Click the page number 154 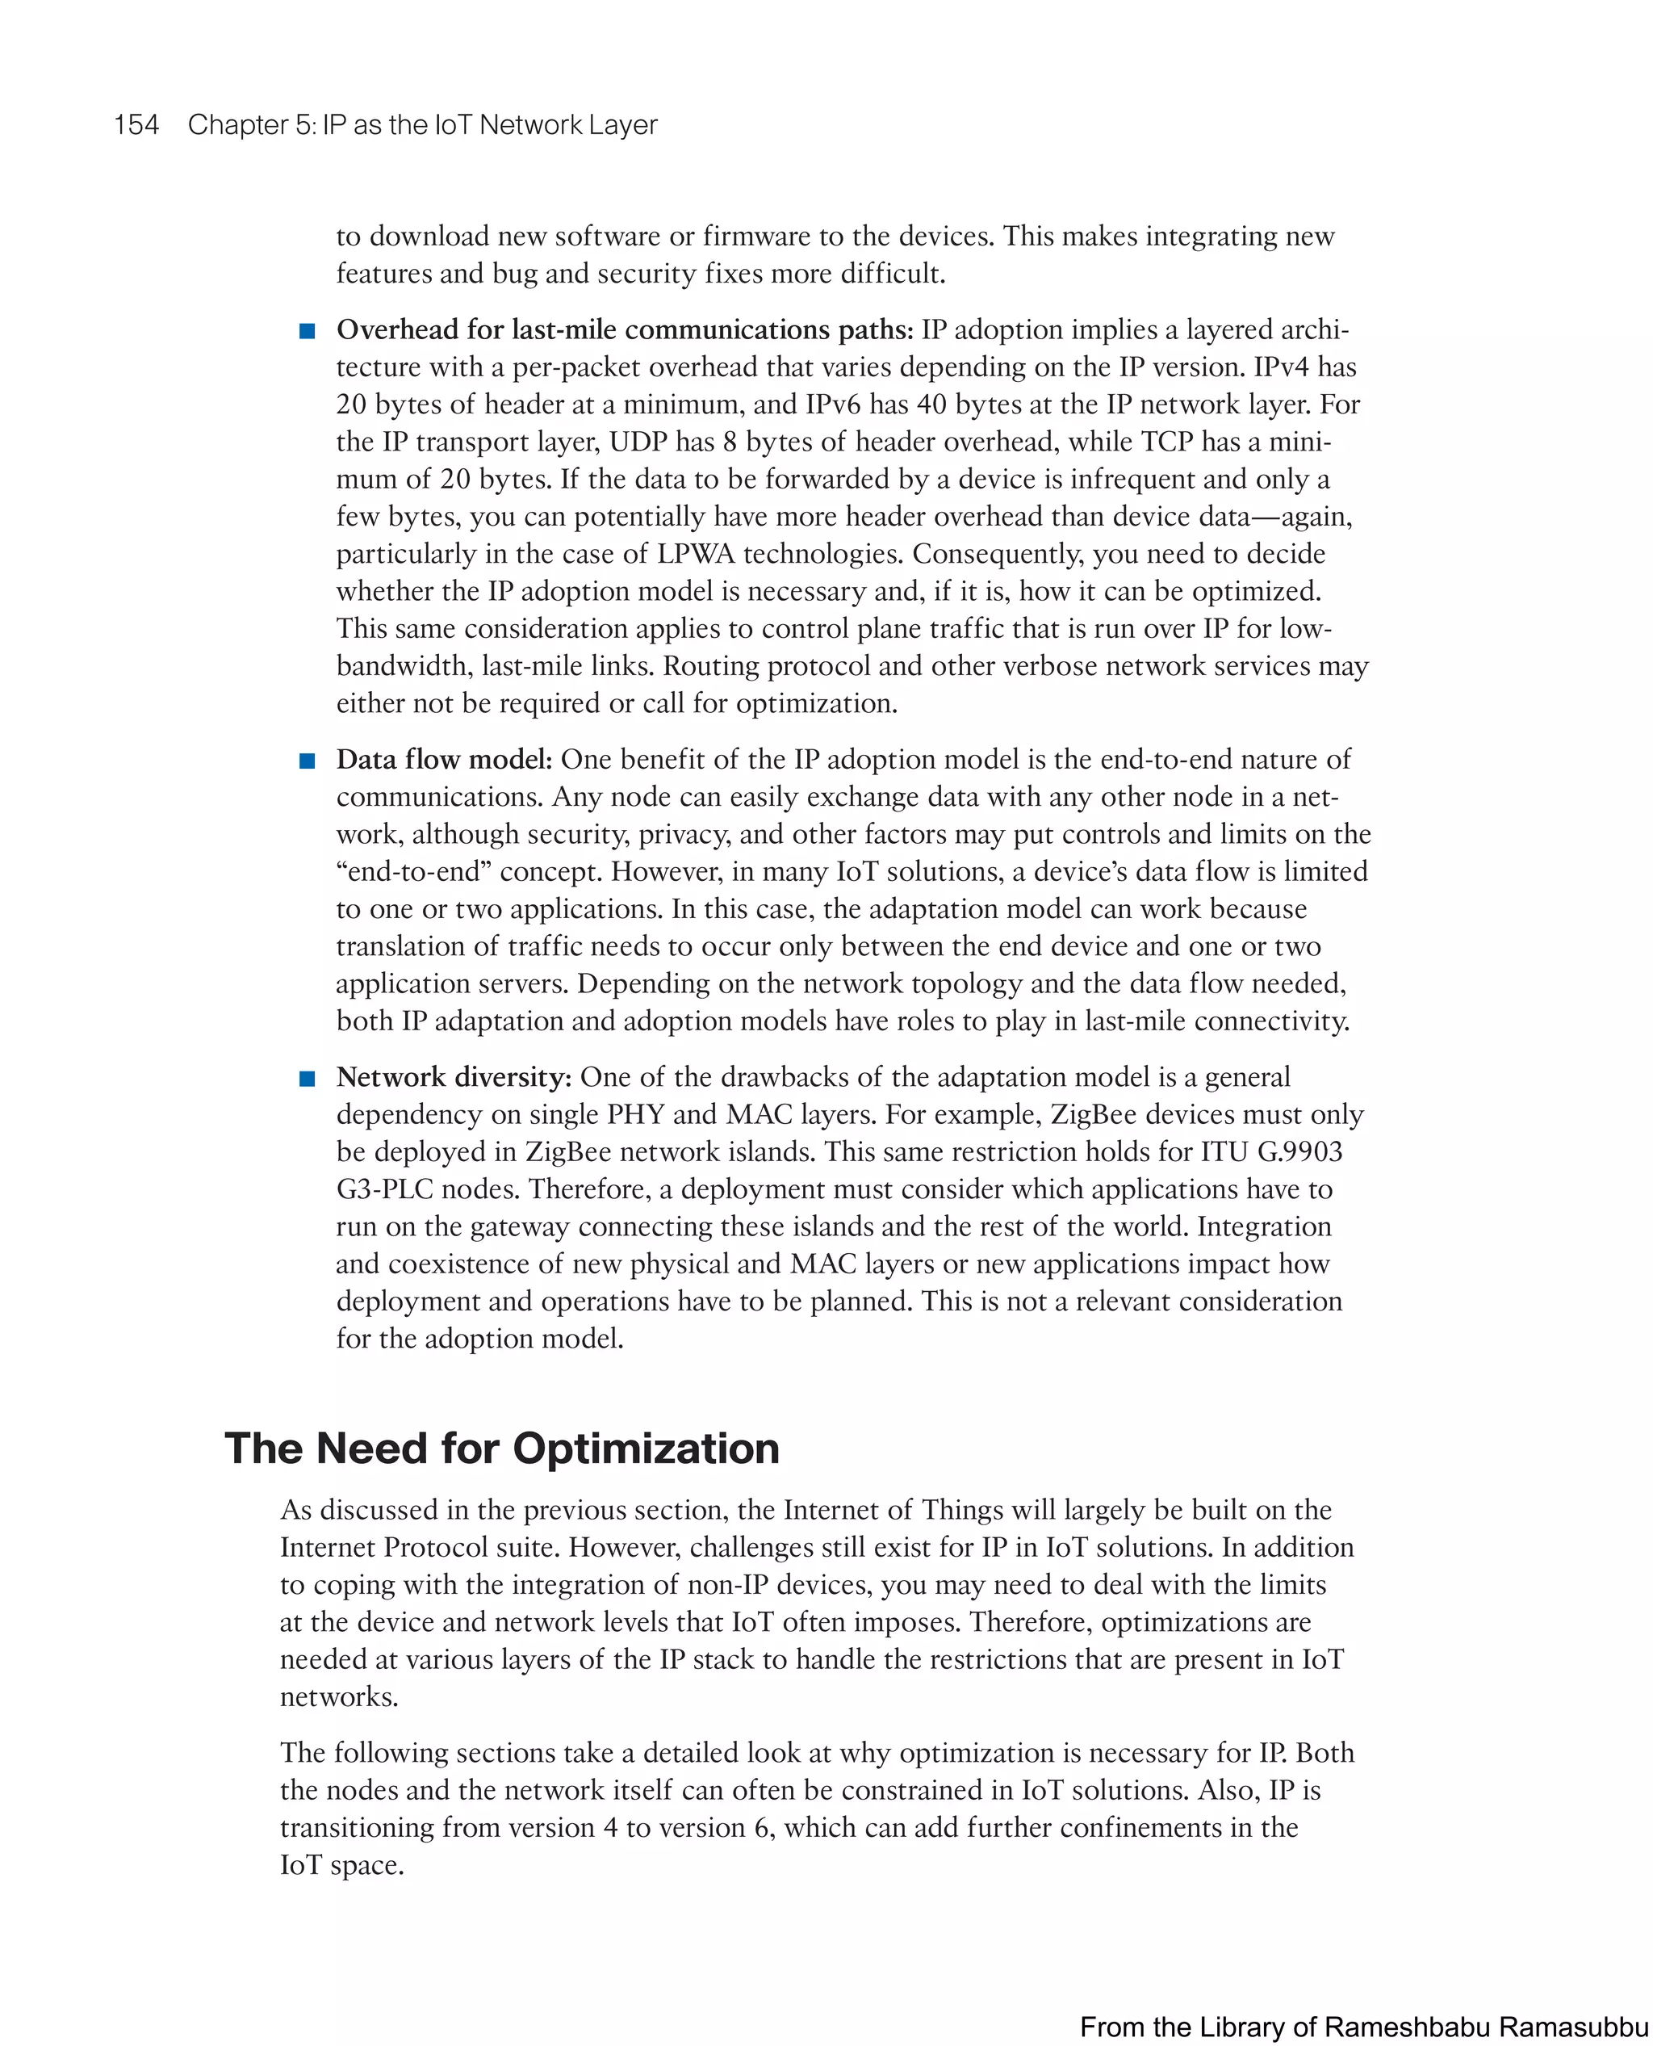pos(136,125)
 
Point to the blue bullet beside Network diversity pos(307,1078)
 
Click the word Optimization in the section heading pos(646,1449)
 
